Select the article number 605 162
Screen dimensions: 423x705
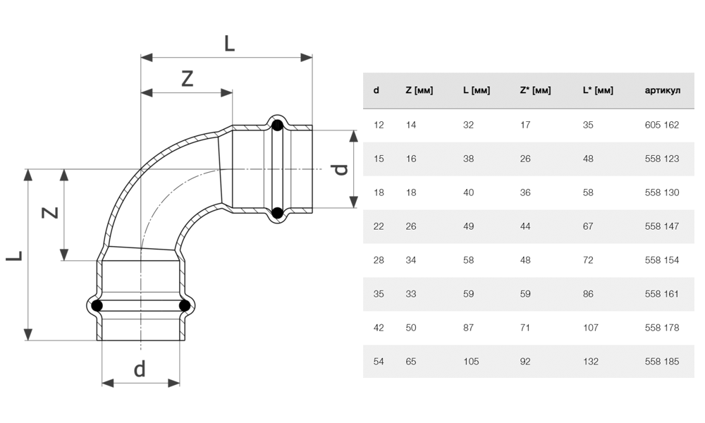pyautogui.click(x=661, y=125)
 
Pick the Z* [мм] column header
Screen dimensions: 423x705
pyautogui.click(x=535, y=90)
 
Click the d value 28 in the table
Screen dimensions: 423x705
pyautogui.click(x=379, y=260)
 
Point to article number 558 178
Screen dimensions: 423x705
pyautogui.click(x=661, y=328)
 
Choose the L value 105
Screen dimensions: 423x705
pyautogui.click(x=471, y=362)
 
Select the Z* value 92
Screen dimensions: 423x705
pyautogui.click(x=525, y=362)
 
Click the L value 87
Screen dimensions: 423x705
pyautogui.click(x=468, y=328)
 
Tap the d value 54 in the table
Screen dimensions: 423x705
pyautogui.click(x=379, y=362)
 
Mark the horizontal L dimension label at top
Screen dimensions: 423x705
pyautogui.click(x=229, y=44)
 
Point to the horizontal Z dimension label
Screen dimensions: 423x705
pyautogui.click(x=187, y=79)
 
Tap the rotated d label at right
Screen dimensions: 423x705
pyautogui.click(x=340, y=169)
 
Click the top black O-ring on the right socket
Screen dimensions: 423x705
pyautogui.click(x=277, y=127)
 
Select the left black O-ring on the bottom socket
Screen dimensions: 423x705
pyautogui.click(x=97, y=306)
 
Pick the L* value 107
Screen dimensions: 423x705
pyautogui.click(x=591, y=328)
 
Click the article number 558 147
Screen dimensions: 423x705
pyautogui.click(x=661, y=226)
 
